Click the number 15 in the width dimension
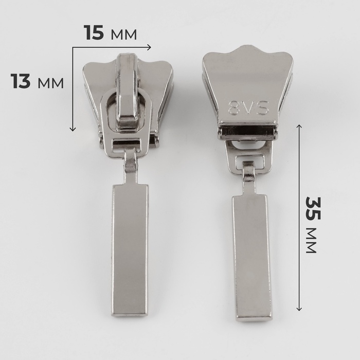[x=94, y=32]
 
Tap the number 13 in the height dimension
[x=21, y=81]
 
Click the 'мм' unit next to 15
[x=124, y=34]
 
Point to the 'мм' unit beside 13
[x=51, y=83]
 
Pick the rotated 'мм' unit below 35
[x=312, y=241]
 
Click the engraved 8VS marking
[x=248, y=107]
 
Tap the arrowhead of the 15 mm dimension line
[x=149, y=47]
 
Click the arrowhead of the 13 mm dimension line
[x=73, y=129]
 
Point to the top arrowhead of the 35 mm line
[x=299, y=127]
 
